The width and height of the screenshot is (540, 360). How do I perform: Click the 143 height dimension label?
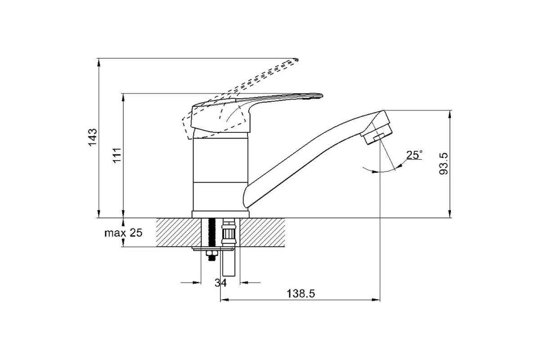tap(93, 137)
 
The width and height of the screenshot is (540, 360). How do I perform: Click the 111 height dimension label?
tap(117, 155)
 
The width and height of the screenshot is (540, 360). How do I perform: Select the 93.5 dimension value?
tap(443, 163)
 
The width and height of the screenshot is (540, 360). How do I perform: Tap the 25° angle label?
tap(414, 155)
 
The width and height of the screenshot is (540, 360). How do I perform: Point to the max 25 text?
tap(123, 233)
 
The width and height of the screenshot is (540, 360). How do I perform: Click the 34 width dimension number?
tap(220, 283)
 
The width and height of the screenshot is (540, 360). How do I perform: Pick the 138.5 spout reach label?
tap(301, 294)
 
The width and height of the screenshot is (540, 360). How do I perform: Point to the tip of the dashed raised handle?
tap(297, 59)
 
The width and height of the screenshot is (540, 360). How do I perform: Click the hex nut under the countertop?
tap(211, 253)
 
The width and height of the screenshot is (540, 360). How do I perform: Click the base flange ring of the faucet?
tap(220, 214)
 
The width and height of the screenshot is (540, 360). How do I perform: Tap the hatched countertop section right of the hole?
tap(262, 233)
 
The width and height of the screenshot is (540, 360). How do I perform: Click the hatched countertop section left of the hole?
tap(179, 233)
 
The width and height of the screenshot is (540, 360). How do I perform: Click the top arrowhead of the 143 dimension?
tap(99, 62)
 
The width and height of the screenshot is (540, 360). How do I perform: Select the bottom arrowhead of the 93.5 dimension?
tap(450, 214)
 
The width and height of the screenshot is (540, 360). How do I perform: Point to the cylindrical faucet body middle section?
tap(220, 160)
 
